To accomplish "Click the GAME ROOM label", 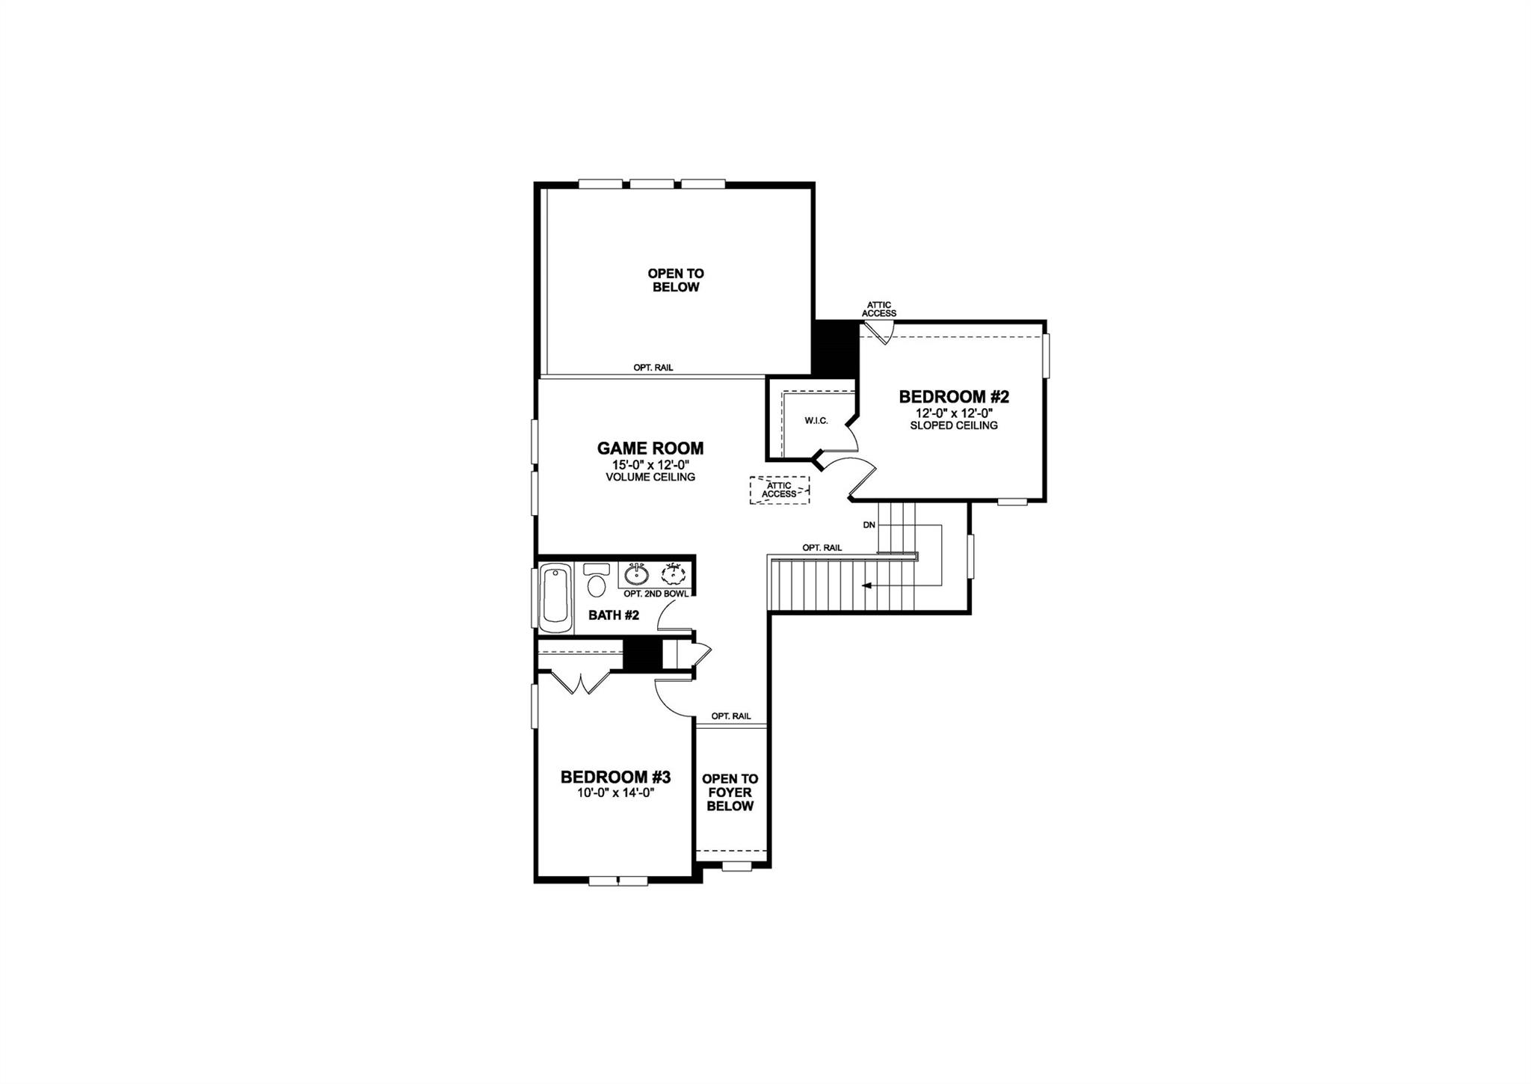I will [650, 449].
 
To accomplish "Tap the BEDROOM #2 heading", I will [953, 397].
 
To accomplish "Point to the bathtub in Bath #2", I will [555, 595].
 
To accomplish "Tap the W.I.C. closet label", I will [816, 421].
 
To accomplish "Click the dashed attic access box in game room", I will [779, 490].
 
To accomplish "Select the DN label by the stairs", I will [869, 525].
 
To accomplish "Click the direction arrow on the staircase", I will [867, 585].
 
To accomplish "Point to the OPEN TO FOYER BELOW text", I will [730, 792].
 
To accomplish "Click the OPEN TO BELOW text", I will [675, 280].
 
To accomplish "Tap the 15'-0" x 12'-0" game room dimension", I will [650, 464].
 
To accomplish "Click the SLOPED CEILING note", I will [953, 425].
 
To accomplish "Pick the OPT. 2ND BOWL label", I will [656, 594].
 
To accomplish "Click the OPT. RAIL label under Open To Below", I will [653, 368].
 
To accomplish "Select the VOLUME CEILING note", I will [650, 477].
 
